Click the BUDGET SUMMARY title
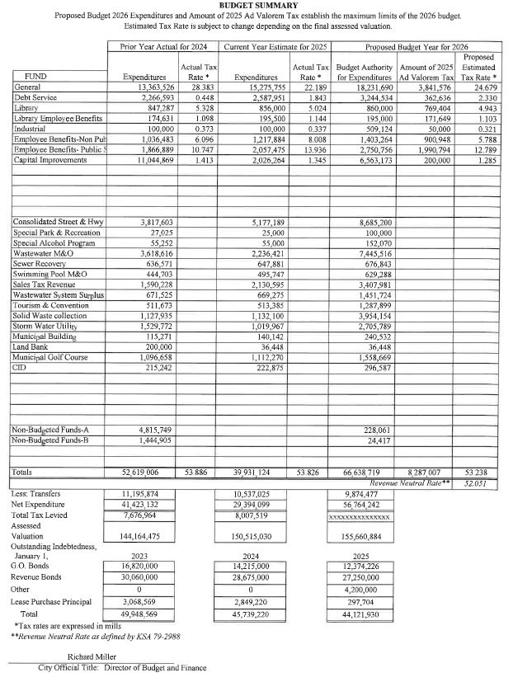266,5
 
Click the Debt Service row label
37,96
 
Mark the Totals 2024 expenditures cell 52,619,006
146,473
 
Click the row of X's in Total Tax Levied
359,516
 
